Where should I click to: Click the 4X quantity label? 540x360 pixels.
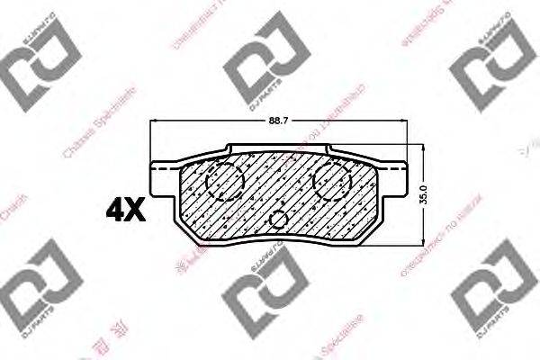pyautogui.click(x=125, y=211)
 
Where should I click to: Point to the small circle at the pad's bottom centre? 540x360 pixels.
pyautogui.click(x=280, y=219)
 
